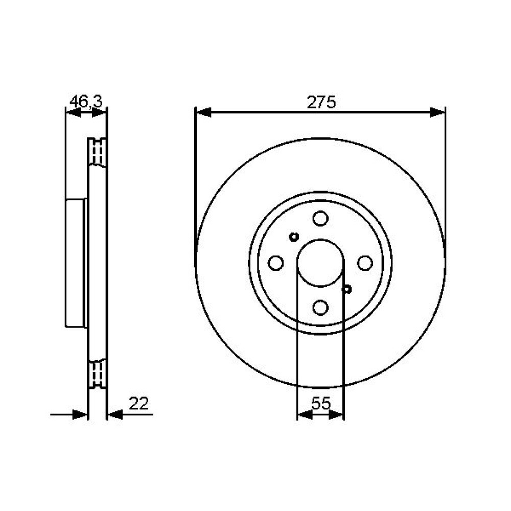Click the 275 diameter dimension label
click(321, 102)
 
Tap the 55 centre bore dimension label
click(321, 404)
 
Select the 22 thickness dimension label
click(139, 404)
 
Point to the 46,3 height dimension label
click(86, 101)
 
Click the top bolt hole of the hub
click(320, 218)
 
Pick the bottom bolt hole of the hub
click(320, 307)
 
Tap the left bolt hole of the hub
click(276, 263)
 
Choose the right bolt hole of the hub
click(365, 263)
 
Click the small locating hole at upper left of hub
click(294, 237)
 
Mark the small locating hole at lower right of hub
click(347, 289)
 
